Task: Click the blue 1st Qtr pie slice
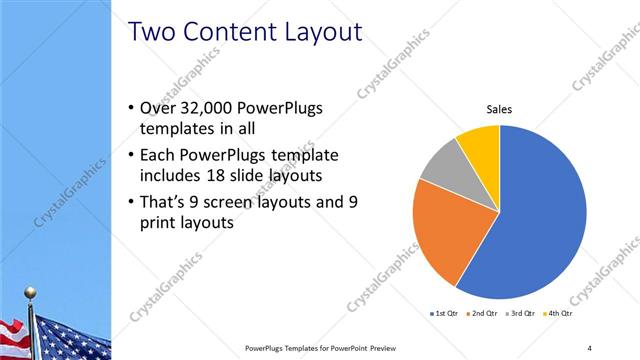click(540, 220)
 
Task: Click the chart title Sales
click(499, 110)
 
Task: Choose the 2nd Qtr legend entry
click(482, 314)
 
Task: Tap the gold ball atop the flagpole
click(30, 293)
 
